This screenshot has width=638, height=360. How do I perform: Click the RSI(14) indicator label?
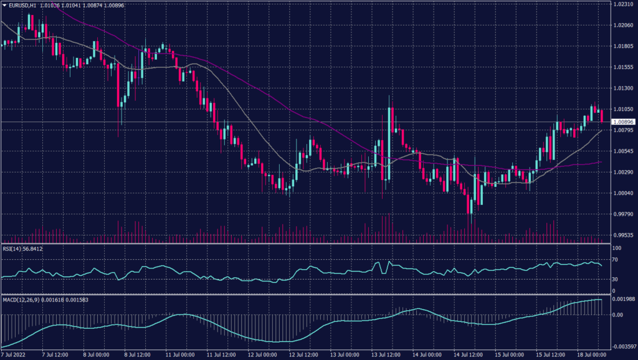14,249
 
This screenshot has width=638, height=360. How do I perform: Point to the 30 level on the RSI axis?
614,279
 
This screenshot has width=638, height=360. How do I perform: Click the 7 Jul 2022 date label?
15,355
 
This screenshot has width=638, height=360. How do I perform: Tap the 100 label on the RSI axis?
616,248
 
